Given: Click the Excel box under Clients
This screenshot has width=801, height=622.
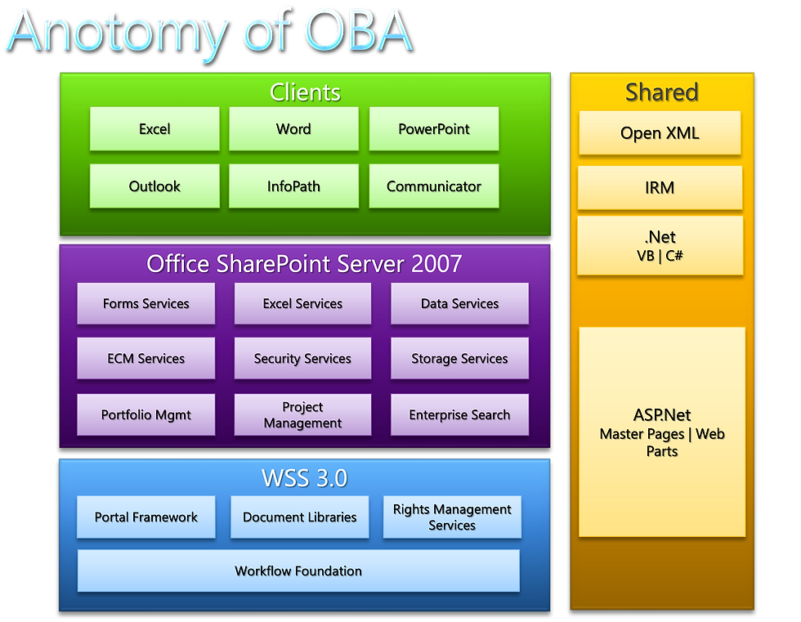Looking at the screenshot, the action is pos(154,128).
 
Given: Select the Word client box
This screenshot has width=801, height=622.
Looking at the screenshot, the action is pos(293,128).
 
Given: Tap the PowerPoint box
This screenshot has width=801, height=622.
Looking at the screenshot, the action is pos(434,128).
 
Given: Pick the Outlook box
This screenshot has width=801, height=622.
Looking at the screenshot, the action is pos(154,186).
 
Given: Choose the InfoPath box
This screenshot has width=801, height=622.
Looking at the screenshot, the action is pos(293,186).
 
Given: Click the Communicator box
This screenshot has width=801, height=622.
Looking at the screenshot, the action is pos(434,186).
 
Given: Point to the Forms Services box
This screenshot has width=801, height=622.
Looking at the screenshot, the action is pos(146,303).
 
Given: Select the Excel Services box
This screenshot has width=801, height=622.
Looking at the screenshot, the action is pos(302,303).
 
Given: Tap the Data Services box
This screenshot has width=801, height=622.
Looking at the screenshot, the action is pos(459,303).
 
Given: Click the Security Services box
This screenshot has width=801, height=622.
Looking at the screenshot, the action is pos(302,358).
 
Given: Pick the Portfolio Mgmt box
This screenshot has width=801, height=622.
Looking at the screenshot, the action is pos(146,414).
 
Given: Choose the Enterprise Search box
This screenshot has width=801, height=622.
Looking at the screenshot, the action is pos(459,414).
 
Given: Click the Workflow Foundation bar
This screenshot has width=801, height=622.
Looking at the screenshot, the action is pos(298,571).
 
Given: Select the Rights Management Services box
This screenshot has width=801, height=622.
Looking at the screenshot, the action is pos(452,517).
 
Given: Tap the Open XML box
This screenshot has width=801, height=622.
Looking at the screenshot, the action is pos(660,132).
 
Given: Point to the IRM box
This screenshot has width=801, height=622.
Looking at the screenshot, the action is pos(660,187).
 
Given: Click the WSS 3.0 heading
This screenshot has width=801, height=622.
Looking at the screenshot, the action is pos(304,478).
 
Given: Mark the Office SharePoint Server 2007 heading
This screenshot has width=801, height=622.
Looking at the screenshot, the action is pos(304,264).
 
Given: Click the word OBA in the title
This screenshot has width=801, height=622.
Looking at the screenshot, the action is pos(359,32).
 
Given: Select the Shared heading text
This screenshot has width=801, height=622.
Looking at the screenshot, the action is pos(662,92).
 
